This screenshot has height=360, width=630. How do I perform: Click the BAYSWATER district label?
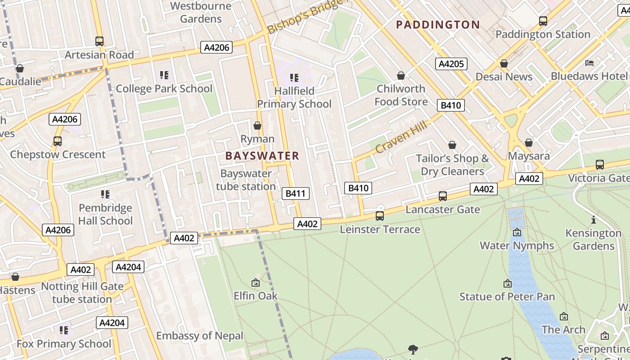(262, 156)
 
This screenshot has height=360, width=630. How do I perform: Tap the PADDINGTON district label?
(438, 25)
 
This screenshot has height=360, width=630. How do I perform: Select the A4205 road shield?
(451, 64)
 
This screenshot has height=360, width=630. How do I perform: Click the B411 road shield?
(296, 193)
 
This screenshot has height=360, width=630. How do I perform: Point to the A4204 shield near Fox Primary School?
(112, 323)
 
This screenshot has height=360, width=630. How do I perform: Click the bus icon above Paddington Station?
(543, 21)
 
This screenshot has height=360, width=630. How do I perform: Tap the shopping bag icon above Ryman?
(257, 126)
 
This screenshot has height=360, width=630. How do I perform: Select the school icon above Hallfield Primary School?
(294, 78)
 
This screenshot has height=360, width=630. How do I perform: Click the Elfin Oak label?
(256, 296)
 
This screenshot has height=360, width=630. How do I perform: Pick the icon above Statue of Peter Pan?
(508, 283)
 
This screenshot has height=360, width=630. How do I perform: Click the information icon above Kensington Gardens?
(594, 220)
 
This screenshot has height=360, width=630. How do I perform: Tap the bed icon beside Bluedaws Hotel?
(589, 63)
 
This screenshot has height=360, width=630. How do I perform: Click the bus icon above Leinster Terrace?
(380, 216)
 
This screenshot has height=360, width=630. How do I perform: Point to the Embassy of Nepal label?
(199, 336)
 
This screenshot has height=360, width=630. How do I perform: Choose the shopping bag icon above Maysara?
(529, 143)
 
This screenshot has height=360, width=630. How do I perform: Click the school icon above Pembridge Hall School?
(105, 194)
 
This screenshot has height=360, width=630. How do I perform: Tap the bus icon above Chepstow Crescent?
(58, 141)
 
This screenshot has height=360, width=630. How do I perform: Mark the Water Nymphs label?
(517, 246)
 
